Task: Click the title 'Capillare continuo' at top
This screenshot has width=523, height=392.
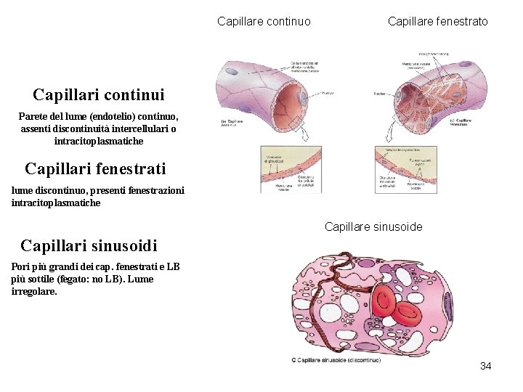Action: pyautogui.click(x=264, y=22)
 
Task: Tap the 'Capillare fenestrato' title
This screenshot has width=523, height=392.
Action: pyautogui.click(x=437, y=22)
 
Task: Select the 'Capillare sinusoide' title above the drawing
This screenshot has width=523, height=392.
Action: pyautogui.click(x=373, y=227)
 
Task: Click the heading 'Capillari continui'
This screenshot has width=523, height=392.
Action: pyautogui.click(x=99, y=94)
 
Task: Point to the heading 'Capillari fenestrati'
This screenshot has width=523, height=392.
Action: pyautogui.click(x=95, y=169)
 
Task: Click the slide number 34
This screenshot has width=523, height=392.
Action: pyautogui.click(x=485, y=366)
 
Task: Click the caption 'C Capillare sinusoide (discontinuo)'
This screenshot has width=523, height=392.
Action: pyautogui.click(x=336, y=359)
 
